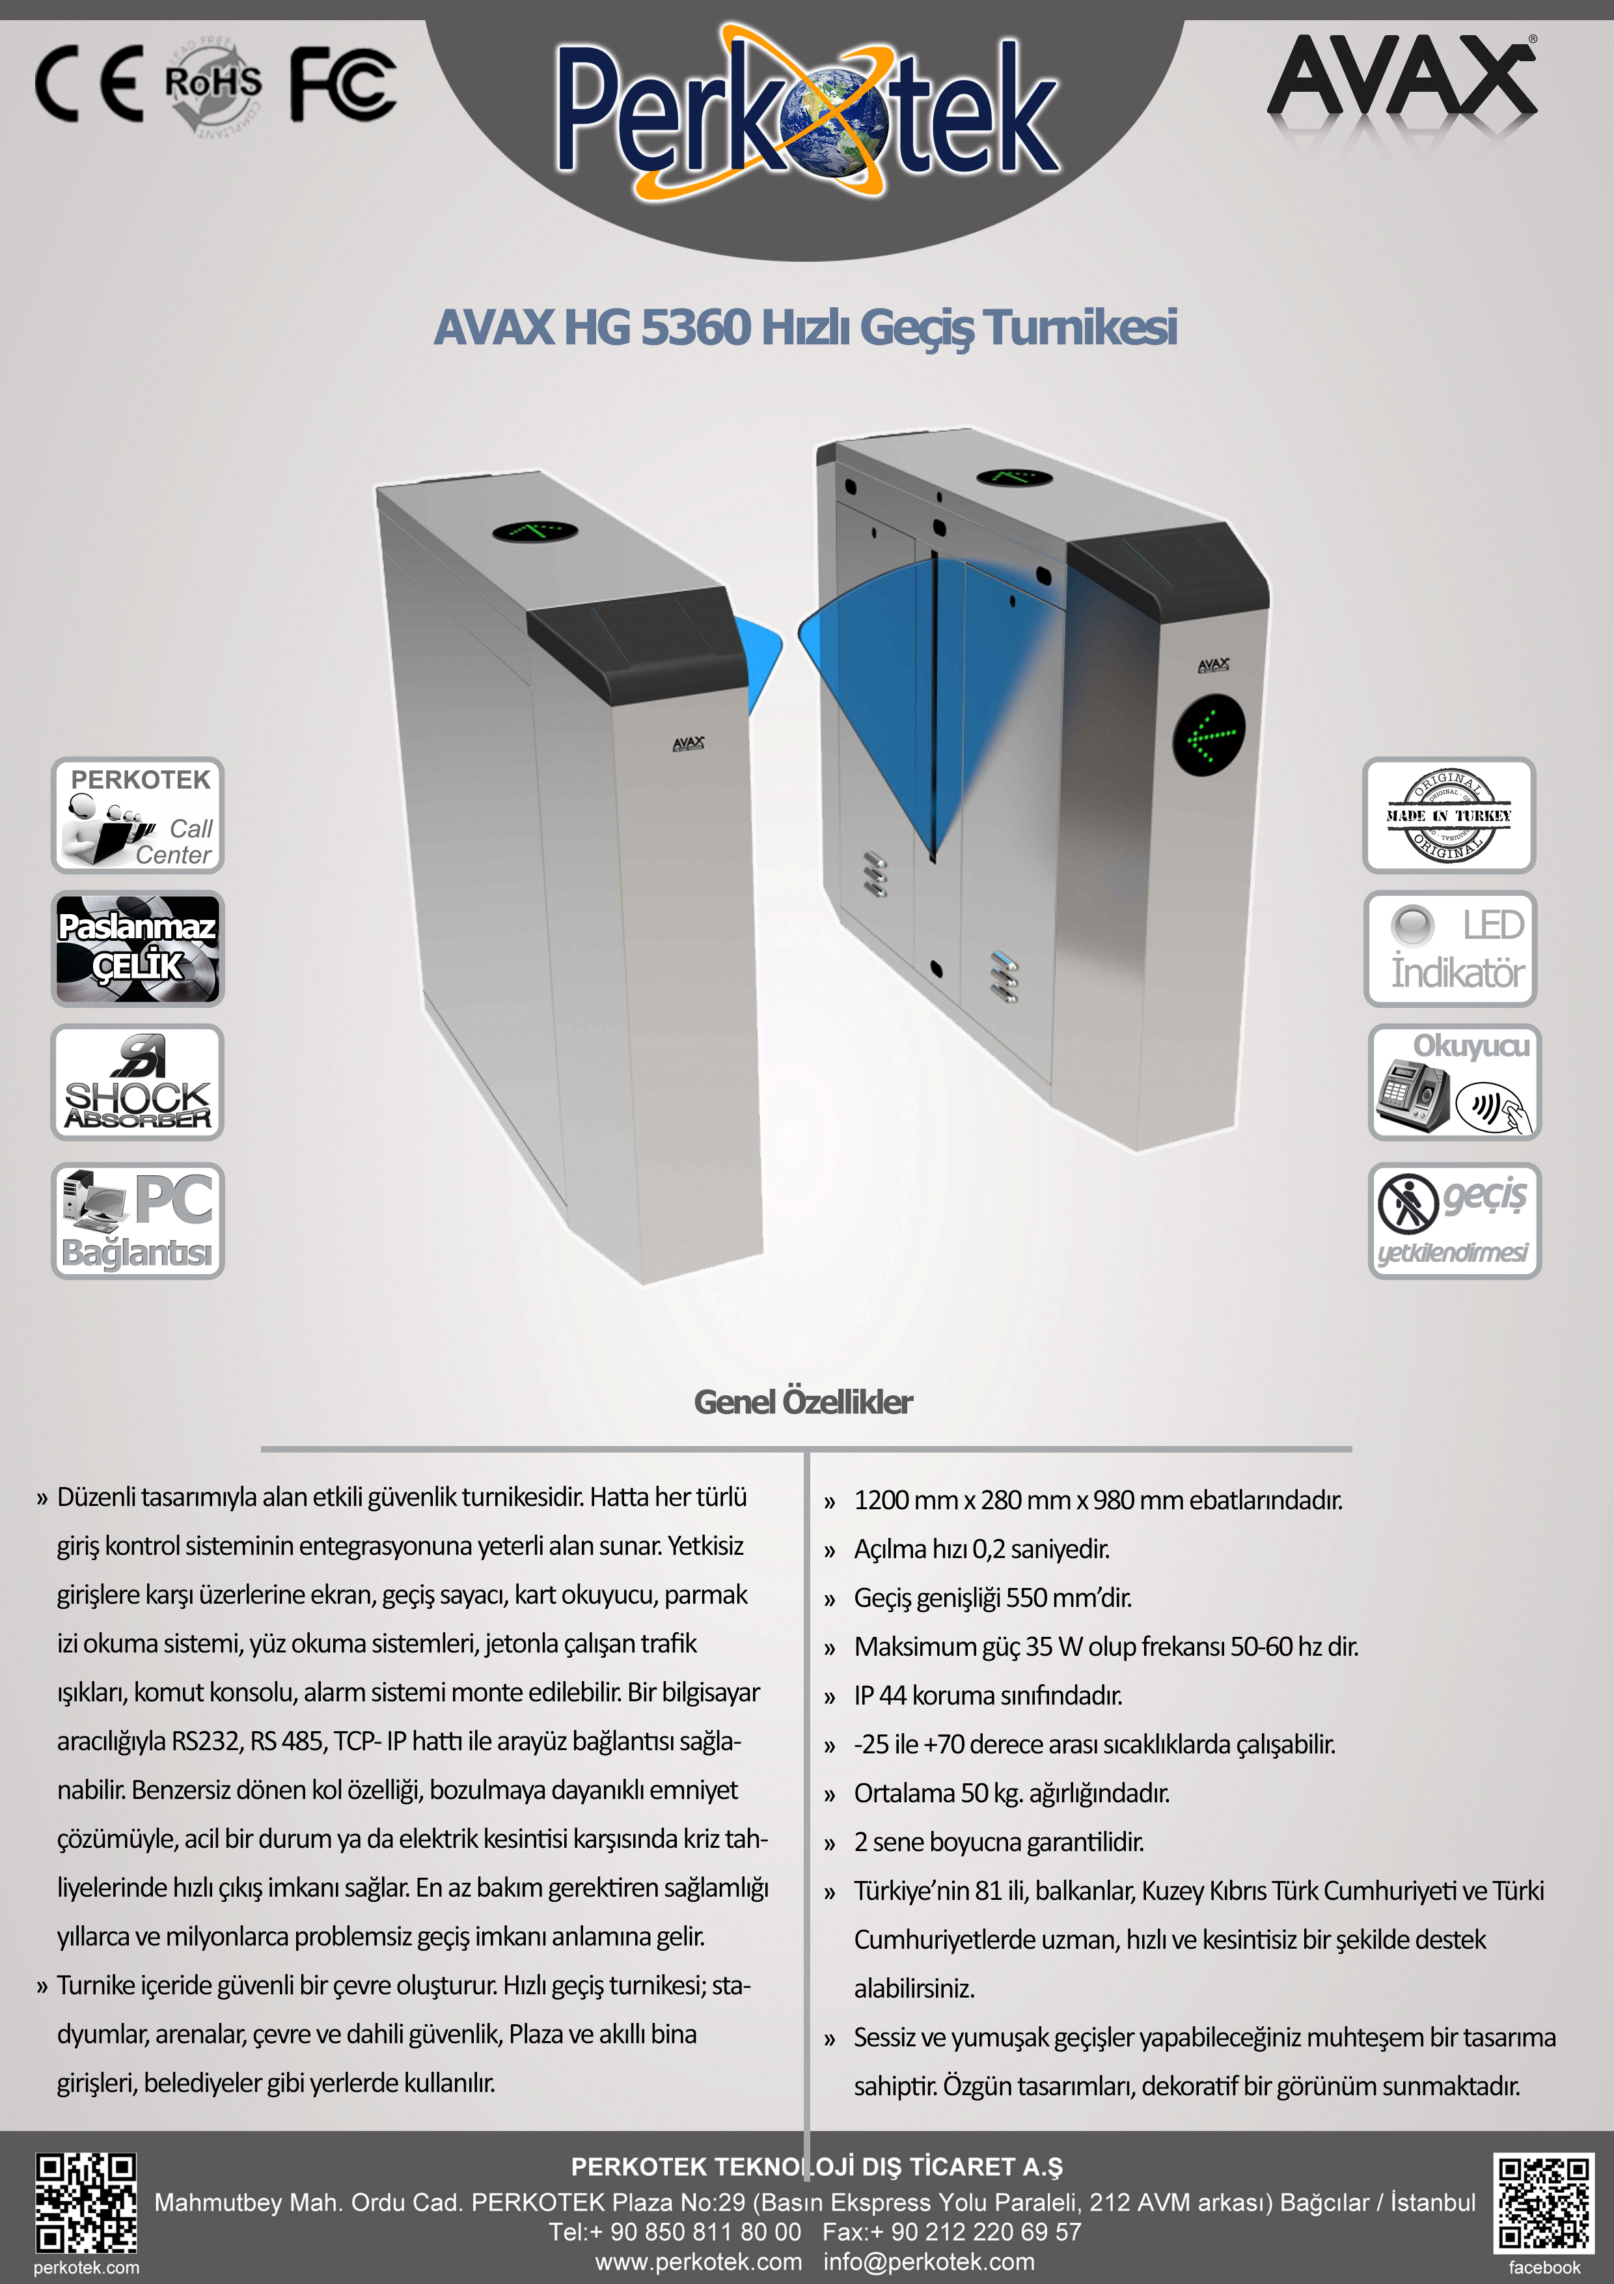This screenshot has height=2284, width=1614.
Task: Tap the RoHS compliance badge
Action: tap(213, 85)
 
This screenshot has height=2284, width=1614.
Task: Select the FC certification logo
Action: tap(342, 85)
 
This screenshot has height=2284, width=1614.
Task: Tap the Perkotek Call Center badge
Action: tap(138, 816)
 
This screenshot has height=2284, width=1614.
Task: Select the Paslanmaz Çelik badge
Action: tap(138, 948)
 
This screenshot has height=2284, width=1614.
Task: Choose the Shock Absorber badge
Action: tap(138, 1082)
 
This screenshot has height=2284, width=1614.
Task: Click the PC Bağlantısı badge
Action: tap(138, 1221)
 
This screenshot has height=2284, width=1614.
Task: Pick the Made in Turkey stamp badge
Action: tap(1449, 816)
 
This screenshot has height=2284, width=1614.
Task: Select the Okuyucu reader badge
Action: tap(1454, 1082)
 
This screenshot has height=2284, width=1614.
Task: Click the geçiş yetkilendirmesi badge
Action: tap(1454, 1221)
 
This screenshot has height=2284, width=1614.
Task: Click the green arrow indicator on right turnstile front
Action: tap(1209, 737)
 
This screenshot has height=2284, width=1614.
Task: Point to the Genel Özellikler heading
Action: tap(804, 1402)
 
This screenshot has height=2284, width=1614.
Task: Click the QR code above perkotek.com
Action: tap(87, 2203)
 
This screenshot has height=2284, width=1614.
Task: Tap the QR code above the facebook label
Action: tap(1544, 2203)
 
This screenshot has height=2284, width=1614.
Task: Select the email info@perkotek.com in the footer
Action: tap(929, 2261)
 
